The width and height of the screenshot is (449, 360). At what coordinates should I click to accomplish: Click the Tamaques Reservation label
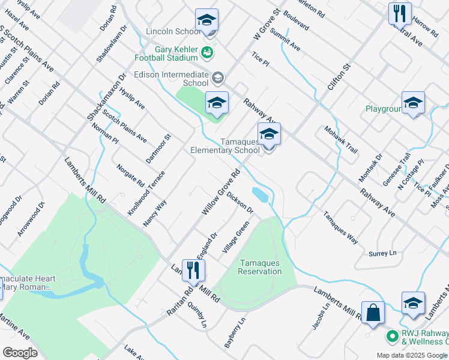coord(260,267)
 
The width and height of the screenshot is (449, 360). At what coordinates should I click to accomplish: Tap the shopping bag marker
coord(373,313)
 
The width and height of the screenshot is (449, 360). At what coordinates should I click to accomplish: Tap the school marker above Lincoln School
coord(206,20)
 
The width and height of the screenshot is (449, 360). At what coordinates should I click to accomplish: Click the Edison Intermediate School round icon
coord(217,77)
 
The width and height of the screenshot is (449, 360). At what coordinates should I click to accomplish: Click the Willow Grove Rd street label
coord(220,193)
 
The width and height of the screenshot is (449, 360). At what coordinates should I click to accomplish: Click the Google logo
coord(20,353)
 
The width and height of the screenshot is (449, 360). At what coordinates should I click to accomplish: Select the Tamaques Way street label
coord(340,227)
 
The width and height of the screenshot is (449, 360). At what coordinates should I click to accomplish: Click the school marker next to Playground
coord(413,103)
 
